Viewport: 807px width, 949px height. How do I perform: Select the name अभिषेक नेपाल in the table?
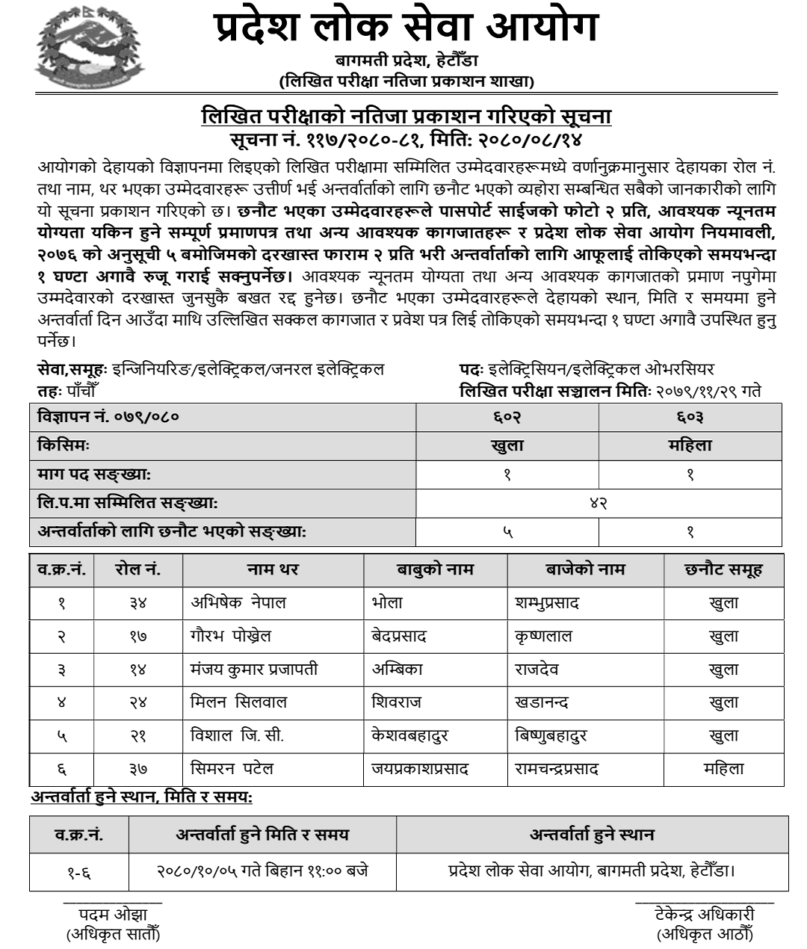coord(238,602)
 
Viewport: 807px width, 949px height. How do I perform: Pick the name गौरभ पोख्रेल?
coord(231,636)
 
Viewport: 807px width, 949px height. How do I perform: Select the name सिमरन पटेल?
coord(232,768)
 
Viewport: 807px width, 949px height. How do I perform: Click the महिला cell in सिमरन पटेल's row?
coord(723,768)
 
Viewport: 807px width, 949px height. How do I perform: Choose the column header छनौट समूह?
coord(723,569)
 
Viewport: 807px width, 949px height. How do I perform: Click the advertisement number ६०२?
coord(507,416)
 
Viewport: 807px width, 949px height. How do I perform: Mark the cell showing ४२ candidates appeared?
coord(599,503)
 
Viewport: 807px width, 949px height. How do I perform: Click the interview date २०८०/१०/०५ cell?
coord(262,871)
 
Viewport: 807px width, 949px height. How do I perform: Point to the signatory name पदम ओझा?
coord(113,915)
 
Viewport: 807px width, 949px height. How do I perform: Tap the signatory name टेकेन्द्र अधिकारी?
coord(704,915)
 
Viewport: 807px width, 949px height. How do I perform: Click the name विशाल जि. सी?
coord(237,735)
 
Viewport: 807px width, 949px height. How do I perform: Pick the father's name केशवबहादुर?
coord(409,735)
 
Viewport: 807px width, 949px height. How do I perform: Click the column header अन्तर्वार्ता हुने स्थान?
coord(592,834)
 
